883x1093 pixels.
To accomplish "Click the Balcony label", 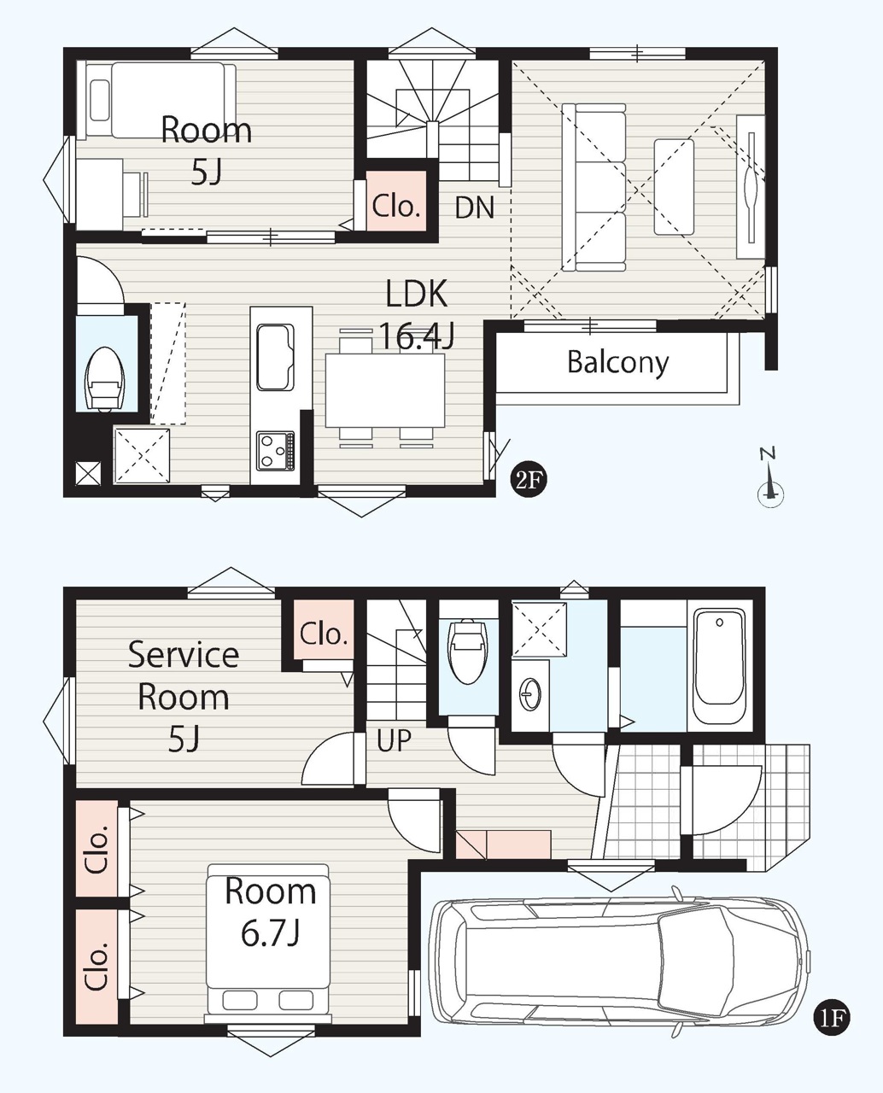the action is point(617,363).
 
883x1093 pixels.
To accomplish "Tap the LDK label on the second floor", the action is point(416,294).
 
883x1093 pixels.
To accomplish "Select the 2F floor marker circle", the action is point(528,481).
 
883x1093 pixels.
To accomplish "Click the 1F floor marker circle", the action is point(831,1017).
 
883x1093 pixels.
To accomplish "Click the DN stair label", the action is point(475,207).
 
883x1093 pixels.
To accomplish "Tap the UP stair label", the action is point(394,740).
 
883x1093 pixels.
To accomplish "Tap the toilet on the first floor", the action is point(466,651).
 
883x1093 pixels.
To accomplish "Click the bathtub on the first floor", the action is point(719,665).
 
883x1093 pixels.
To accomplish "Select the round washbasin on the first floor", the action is point(529,694).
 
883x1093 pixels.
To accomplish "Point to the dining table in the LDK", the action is point(385,390).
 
